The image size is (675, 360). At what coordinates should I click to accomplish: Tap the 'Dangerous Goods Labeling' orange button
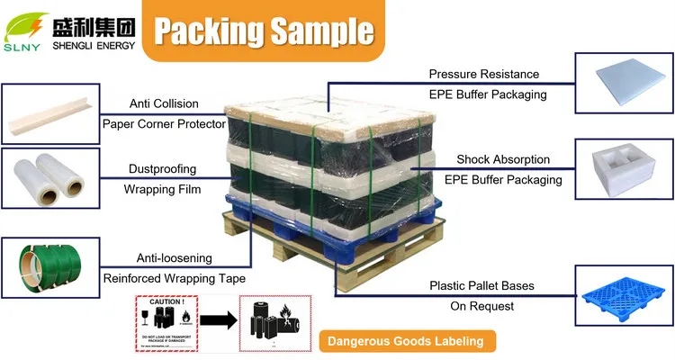(x=405, y=341)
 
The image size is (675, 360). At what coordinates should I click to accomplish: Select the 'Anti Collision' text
(x=164, y=103)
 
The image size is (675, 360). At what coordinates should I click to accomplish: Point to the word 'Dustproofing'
(x=163, y=168)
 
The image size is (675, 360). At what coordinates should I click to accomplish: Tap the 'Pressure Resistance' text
(x=483, y=74)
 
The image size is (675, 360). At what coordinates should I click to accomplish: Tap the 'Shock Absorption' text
(x=502, y=159)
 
